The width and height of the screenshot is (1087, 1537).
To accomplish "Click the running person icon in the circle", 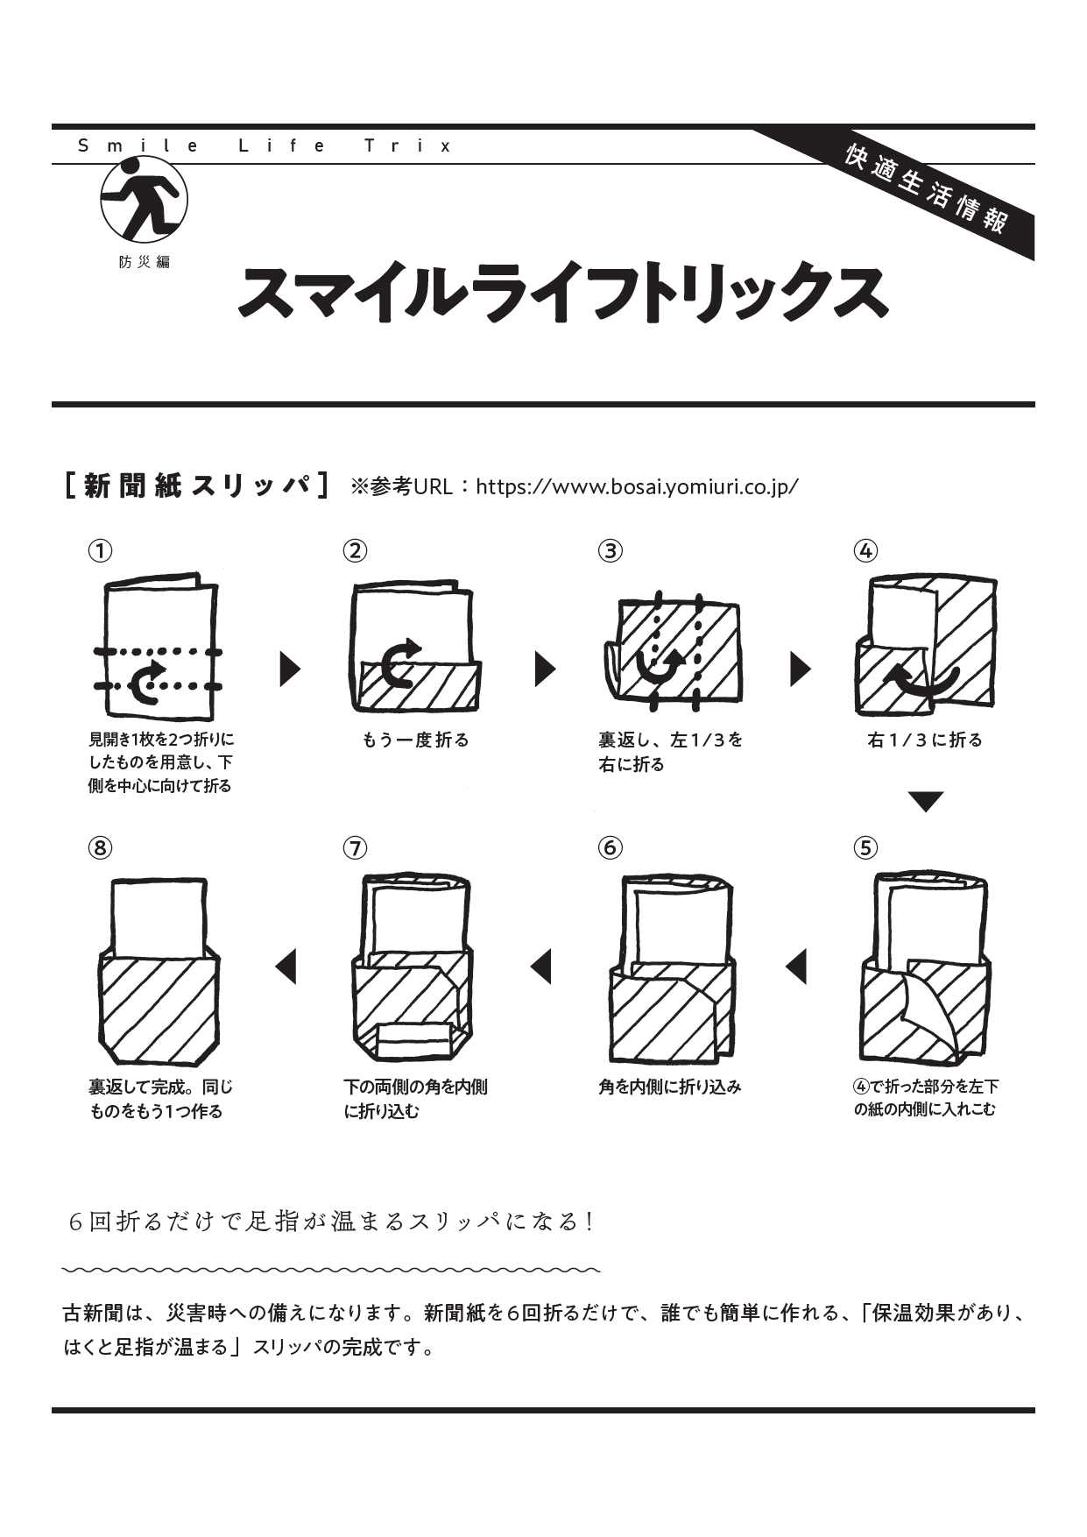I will tap(145, 199).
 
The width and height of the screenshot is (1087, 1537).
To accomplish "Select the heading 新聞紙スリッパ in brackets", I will tap(198, 485).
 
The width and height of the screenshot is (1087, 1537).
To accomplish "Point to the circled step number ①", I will tap(101, 550).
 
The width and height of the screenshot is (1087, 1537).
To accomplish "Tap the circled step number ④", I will tap(865, 550).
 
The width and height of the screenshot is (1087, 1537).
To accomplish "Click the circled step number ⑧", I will tap(101, 847).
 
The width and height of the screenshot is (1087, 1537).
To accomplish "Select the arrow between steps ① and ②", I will tap(290, 669).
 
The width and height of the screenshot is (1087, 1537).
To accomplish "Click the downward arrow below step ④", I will tap(926, 801).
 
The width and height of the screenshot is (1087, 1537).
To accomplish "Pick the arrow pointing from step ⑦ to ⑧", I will tap(286, 967).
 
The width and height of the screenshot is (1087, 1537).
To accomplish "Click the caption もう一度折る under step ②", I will tap(415, 740).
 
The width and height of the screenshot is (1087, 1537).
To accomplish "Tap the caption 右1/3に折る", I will tap(925, 740).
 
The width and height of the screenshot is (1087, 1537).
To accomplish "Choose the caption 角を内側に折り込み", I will tap(669, 1087).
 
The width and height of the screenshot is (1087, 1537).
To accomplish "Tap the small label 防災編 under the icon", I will tap(145, 262).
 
